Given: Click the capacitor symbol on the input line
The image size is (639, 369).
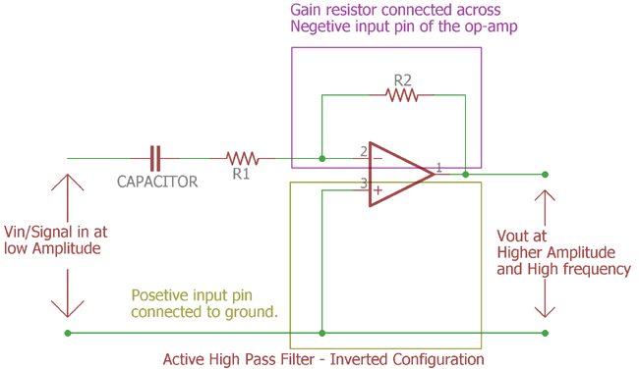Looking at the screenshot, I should (154, 158).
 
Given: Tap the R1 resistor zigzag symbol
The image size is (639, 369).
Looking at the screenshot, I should (242, 158).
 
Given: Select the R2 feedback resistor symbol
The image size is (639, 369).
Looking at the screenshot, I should (401, 95).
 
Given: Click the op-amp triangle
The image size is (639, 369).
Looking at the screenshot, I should (399, 175).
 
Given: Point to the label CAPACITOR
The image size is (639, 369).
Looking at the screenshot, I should (157, 182).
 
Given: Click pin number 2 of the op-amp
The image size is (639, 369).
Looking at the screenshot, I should (363, 151).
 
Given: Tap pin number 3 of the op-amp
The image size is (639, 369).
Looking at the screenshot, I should (363, 183).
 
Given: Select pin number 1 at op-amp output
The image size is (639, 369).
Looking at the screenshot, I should (439, 169).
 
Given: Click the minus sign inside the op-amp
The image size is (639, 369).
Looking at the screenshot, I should (378, 158).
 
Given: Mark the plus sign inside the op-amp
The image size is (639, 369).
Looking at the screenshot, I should (378, 190).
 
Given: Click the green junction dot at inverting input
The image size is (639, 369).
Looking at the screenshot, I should (322, 158).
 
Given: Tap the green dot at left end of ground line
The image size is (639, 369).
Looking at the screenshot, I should (68, 333).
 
